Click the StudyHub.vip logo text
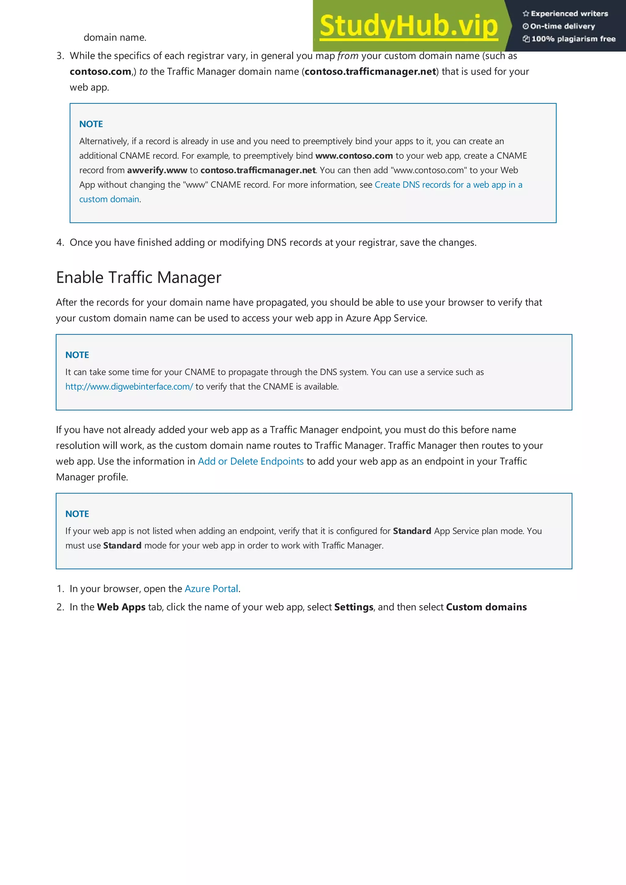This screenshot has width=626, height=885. [x=408, y=26]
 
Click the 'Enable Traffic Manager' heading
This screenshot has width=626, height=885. [x=138, y=278]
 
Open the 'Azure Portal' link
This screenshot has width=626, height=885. [x=211, y=588]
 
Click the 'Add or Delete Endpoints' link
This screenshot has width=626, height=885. [x=251, y=461]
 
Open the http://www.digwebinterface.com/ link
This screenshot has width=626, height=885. [x=129, y=387]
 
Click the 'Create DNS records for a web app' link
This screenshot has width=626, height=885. [x=448, y=185]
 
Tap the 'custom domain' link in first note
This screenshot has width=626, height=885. [x=109, y=199]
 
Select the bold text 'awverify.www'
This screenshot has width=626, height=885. [x=157, y=170]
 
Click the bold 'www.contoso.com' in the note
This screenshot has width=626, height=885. [x=354, y=156]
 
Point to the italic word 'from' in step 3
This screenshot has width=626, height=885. [x=348, y=56]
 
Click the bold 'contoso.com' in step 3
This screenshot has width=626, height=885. [x=100, y=72]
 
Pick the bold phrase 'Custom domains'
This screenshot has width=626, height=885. [x=486, y=607]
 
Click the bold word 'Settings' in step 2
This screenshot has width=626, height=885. [x=353, y=607]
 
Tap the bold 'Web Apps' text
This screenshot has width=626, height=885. [x=121, y=607]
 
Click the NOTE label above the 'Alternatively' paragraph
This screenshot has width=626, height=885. [x=91, y=124]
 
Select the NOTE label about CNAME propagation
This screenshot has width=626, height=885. [x=77, y=355]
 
